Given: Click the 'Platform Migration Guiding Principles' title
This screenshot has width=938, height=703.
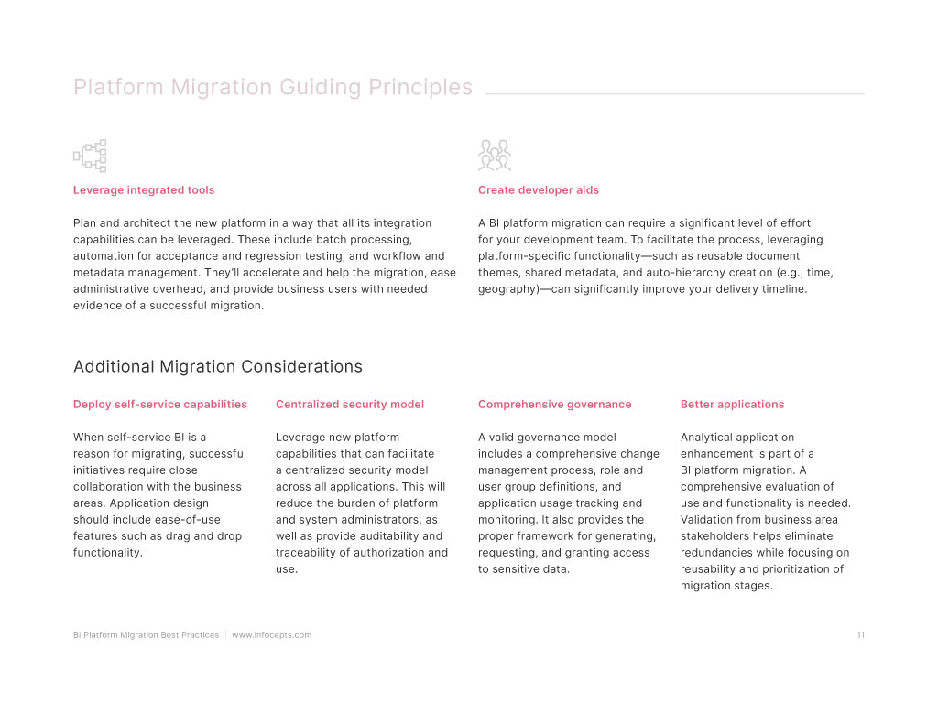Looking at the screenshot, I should (x=273, y=88).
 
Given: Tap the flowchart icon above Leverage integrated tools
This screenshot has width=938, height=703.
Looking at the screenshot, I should (x=90, y=156).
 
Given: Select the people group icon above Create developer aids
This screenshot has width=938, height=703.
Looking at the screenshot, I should (x=495, y=156).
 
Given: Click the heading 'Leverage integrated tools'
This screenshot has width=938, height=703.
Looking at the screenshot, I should (x=144, y=190).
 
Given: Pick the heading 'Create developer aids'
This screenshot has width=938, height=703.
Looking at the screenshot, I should (x=539, y=190).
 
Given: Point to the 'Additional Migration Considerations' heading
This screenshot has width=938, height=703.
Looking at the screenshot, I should (x=218, y=367).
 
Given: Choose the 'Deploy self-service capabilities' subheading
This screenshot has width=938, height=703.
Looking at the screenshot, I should (x=160, y=405).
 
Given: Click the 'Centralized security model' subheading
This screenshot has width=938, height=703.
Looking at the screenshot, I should (x=350, y=405).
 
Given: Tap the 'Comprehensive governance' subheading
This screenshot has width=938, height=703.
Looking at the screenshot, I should (x=555, y=405).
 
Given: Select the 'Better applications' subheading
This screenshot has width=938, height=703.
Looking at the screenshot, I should (x=733, y=405).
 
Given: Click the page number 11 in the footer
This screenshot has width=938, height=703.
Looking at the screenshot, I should (x=861, y=635).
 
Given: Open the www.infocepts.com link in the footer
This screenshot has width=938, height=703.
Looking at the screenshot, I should (x=272, y=635).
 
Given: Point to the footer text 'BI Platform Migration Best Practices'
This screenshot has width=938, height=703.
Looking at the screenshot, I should (x=147, y=635).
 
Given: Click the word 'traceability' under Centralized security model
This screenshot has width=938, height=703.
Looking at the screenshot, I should (x=309, y=553).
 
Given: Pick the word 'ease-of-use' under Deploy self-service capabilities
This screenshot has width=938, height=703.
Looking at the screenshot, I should (x=189, y=520).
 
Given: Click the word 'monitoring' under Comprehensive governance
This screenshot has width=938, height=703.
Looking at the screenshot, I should (x=507, y=520).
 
